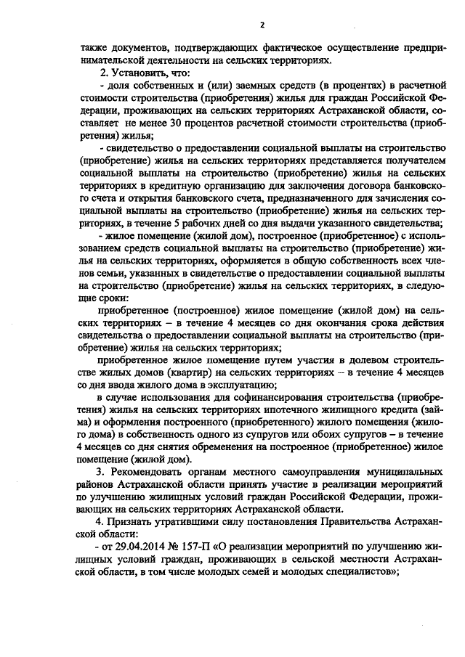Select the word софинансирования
[x=269, y=397]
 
